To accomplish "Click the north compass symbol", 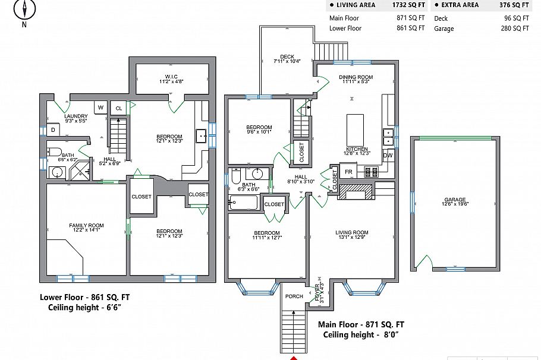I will coord(24,10).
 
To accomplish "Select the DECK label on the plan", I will coord(287,57).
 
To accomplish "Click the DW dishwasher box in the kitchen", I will coord(388,156).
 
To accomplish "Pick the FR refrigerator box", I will coord(349,172).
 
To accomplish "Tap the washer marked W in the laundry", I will coord(100,108).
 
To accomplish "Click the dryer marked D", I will coord(53,130).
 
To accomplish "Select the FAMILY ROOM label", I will coord(86,226).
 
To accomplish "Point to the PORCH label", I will coord(294,296).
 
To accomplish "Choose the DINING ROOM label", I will coord(356,77).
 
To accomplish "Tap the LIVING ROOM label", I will coord(352,232).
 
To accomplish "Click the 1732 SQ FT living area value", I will coord(408,5).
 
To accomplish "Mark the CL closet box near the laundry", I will coord(118,108).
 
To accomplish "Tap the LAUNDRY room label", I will coord(76,116).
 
